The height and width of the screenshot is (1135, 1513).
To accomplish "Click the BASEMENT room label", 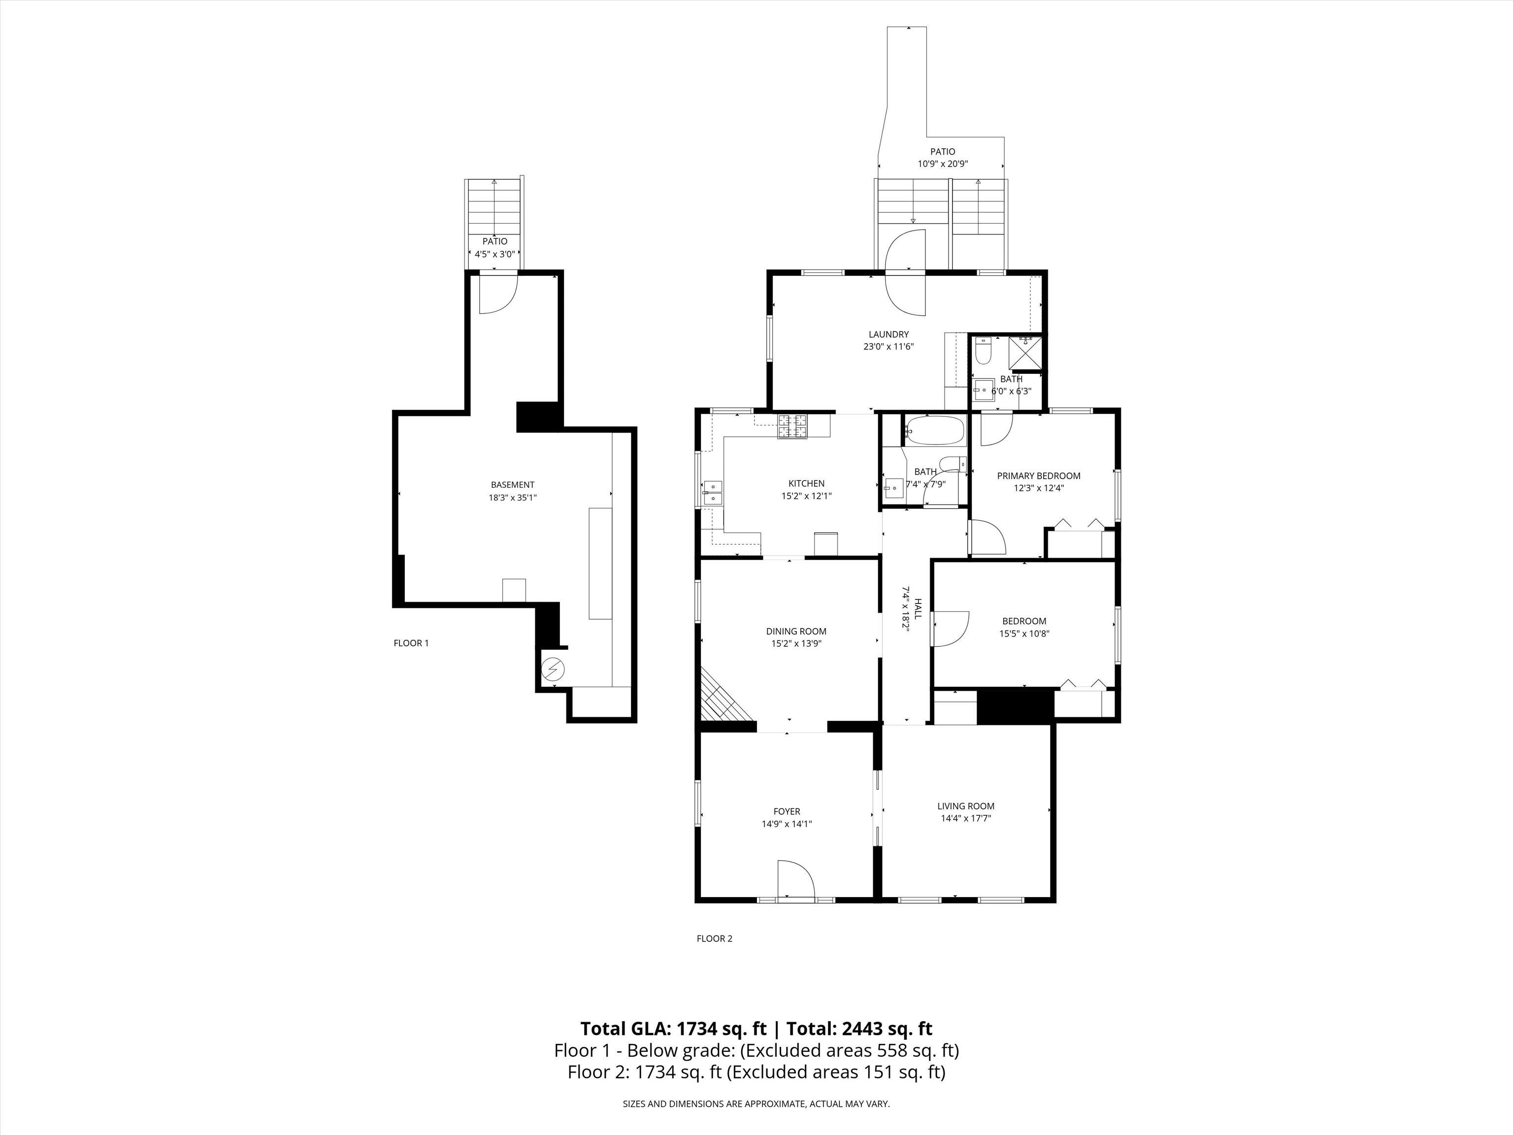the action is (512, 485).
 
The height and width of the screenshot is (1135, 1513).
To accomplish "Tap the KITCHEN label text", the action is (806, 484).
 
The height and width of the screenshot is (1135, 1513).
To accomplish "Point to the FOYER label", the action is (787, 812).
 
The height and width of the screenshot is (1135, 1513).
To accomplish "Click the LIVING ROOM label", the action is (966, 806).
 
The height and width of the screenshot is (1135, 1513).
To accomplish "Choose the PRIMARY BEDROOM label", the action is (1038, 476).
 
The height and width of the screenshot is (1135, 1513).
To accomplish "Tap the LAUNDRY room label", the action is (888, 334).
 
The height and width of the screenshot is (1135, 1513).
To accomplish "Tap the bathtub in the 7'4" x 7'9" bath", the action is (934, 431).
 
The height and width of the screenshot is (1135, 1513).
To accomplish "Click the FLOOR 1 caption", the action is (411, 643).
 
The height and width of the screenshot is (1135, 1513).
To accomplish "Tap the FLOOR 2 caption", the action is (714, 938).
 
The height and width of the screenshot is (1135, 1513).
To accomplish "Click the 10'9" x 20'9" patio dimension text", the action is (943, 164).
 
